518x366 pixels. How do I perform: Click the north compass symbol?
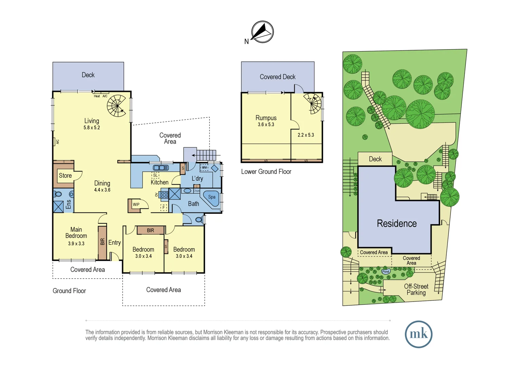coord(262,32)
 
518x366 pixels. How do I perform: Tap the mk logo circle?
coord(419,334)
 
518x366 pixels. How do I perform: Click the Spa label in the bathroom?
coord(212,197)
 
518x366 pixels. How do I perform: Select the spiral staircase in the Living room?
coord(117,106)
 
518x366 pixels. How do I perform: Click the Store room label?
coord(65,176)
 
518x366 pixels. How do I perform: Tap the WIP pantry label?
coord(136,205)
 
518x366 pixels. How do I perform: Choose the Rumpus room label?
coord(266,118)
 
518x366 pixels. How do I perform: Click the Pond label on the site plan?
coord(386,271)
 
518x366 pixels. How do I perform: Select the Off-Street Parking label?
coord(416,289)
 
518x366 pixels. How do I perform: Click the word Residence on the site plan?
coord(397,224)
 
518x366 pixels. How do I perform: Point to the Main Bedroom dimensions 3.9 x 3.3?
coord(76,244)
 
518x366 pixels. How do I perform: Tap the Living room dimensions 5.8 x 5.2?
coord(92,128)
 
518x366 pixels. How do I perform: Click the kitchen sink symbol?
coord(161,168)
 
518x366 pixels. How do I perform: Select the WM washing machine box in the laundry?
coord(204,167)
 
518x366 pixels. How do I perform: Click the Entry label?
coord(115,243)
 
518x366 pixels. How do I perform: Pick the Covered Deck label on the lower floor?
coord(277,77)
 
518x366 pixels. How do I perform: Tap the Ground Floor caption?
coord(69,291)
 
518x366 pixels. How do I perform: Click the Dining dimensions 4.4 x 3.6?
coord(102,190)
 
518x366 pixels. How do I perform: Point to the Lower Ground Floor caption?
coord(266,172)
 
